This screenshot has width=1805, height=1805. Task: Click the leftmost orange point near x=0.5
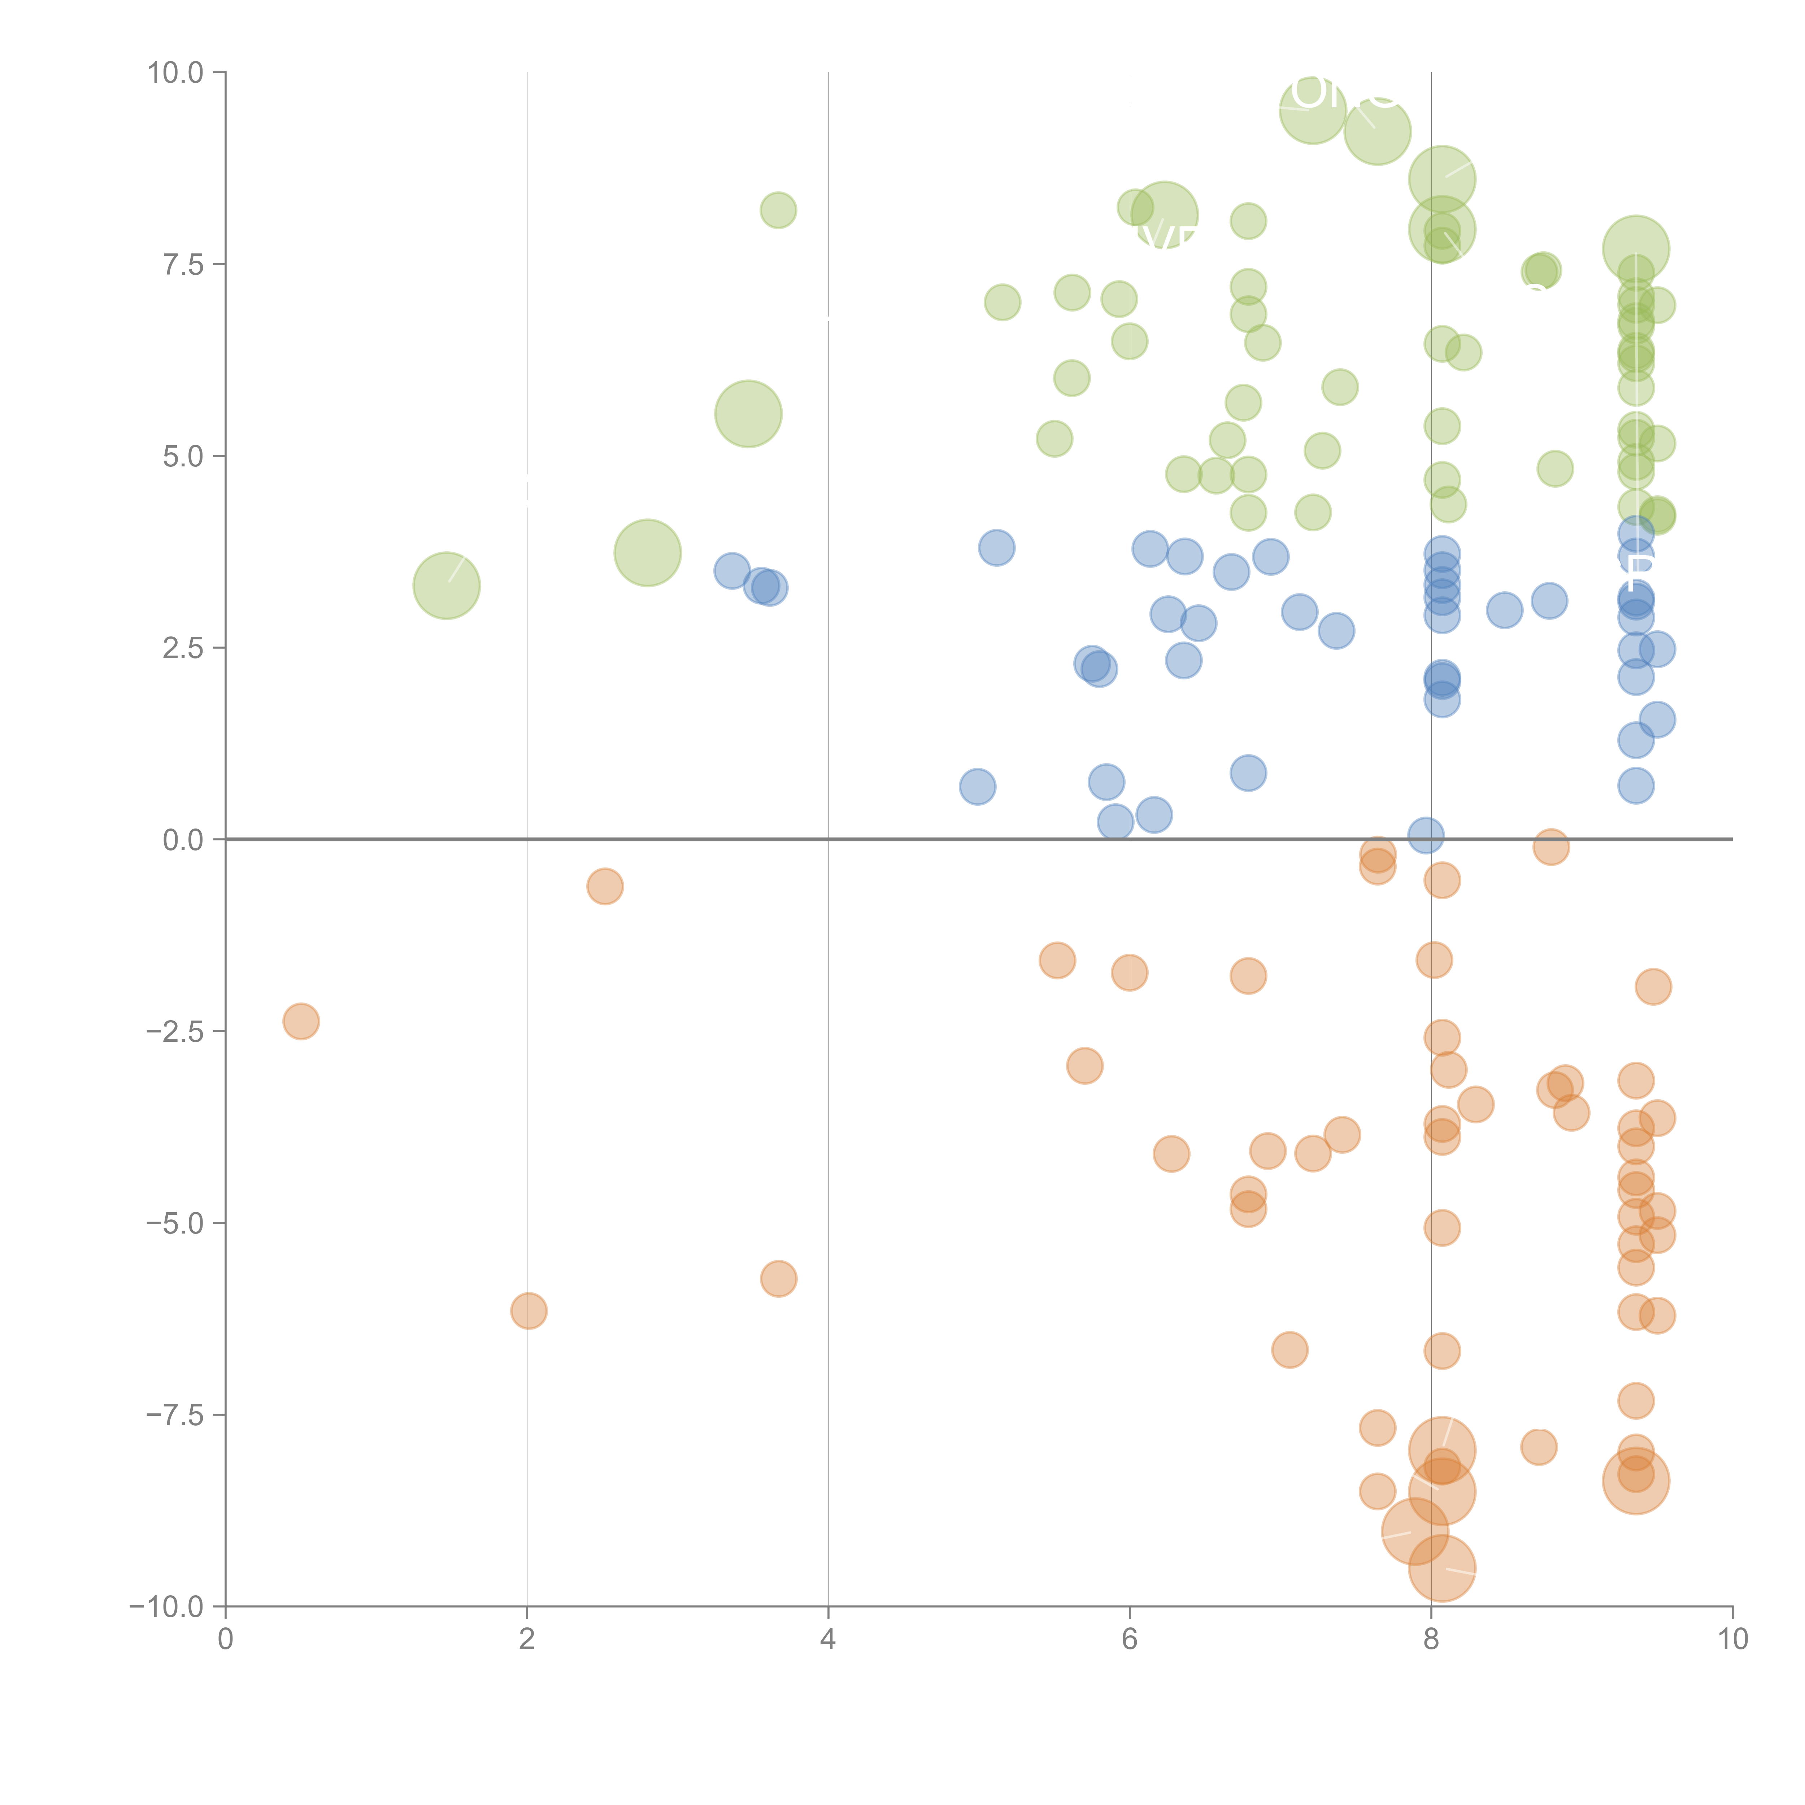(301, 1021)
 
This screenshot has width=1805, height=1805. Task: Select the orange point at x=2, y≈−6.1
(529, 1311)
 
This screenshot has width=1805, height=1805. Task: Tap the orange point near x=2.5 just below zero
(605, 886)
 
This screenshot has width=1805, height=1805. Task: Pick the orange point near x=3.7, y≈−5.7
(778, 1278)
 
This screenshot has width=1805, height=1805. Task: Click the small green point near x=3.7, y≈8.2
(778, 210)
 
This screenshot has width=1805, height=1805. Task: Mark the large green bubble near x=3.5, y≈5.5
(748, 414)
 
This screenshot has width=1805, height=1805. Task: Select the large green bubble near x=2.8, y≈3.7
(647, 553)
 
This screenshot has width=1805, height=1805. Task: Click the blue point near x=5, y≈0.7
(977, 787)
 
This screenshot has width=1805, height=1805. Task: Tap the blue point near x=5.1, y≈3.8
(997, 548)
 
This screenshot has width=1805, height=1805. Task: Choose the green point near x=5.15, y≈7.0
(1002, 302)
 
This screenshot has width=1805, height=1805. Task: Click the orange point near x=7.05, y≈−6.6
(1289, 1349)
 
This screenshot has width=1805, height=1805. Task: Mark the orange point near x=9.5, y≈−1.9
(1653, 987)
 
